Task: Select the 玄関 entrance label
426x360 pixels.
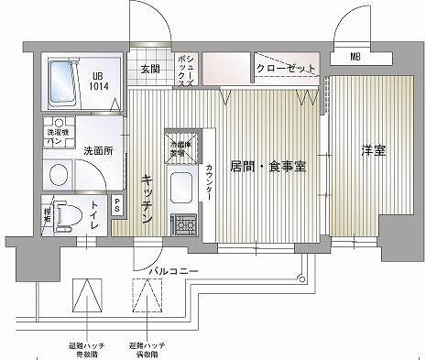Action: pos(150,68)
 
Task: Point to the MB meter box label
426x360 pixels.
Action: pos(354,59)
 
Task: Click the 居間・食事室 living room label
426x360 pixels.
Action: pos(267,166)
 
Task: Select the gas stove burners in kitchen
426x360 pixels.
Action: pos(183,223)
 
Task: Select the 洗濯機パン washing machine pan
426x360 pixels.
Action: pos(57,137)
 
